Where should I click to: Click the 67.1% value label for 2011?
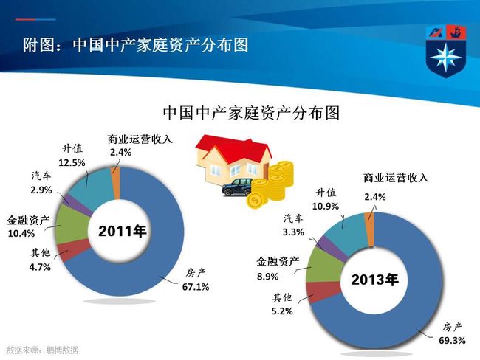point(196,287)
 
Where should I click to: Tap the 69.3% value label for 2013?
point(452,340)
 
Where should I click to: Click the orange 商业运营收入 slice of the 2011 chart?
point(117,184)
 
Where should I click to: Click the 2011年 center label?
point(122,231)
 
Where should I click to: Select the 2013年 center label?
point(374,280)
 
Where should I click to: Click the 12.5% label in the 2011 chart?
point(72,163)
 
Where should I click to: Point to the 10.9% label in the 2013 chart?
point(326,206)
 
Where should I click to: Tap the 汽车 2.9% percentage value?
point(41,190)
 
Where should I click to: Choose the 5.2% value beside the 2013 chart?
point(282,311)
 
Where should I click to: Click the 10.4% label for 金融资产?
point(21,234)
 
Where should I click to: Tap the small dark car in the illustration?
point(237,187)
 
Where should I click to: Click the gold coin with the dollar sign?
point(256,201)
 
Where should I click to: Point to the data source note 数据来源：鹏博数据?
point(42,350)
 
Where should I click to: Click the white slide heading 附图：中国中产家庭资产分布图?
point(136,45)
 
